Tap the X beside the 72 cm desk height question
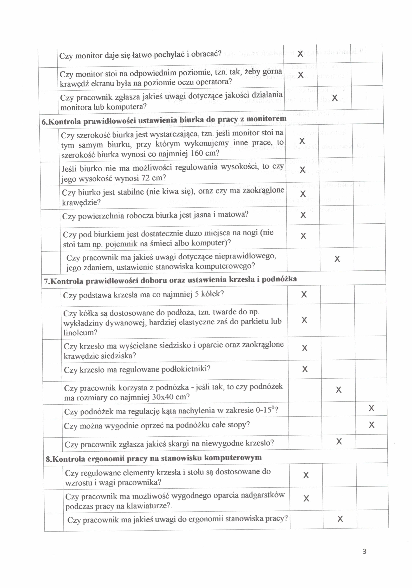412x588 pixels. [302, 170]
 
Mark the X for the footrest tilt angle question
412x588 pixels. [371, 408]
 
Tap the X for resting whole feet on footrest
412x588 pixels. [371, 425]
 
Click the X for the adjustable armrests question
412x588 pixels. [305, 369]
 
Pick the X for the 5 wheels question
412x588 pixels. [304, 294]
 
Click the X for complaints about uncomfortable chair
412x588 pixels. [339, 441]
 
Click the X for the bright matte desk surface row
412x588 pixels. [303, 215]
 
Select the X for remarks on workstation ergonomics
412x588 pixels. [340, 519]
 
